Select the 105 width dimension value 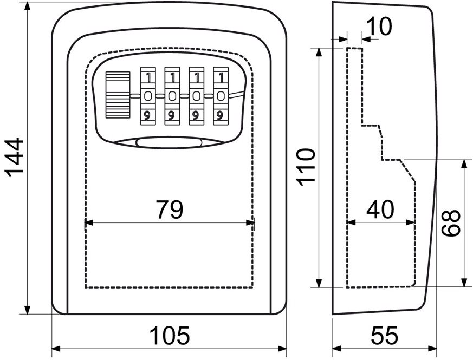[170, 335]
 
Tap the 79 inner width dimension [170, 210]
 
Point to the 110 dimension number [306, 167]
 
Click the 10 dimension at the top [379, 26]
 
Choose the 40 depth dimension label [380, 210]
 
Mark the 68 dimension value [451, 223]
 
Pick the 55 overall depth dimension [384, 335]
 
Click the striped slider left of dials [118, 95]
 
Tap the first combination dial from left [148, 96]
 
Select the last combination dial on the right [221, 96]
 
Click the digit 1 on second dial [173, 78]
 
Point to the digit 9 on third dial [196, 115]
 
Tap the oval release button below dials [169, 143]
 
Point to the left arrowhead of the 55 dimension [337, 349]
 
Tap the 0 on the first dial [148, 96]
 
